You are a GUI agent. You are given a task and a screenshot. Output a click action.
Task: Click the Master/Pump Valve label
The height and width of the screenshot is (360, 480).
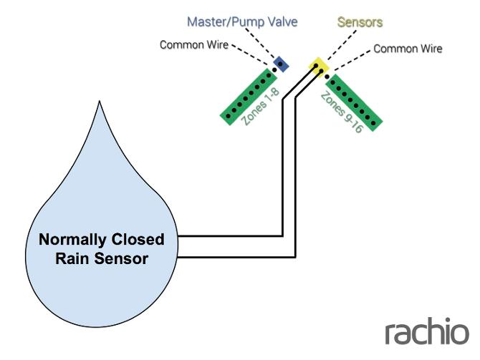(241, 21)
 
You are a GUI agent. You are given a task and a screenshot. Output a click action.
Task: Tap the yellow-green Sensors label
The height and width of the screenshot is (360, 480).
(360, 21)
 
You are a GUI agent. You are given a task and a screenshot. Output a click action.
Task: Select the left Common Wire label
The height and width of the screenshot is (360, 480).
(193, 45)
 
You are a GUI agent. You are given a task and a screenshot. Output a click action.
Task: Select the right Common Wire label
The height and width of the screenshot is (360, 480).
(408, 49)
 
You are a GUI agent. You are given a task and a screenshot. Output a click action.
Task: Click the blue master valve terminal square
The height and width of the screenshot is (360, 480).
(282, 64)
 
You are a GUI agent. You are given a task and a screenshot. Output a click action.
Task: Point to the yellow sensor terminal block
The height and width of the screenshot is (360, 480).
(317, 67)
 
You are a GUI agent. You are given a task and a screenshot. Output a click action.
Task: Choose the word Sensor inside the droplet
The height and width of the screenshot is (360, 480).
(122, 258)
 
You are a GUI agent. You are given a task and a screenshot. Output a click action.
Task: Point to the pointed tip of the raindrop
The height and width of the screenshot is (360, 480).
(99, 104)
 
